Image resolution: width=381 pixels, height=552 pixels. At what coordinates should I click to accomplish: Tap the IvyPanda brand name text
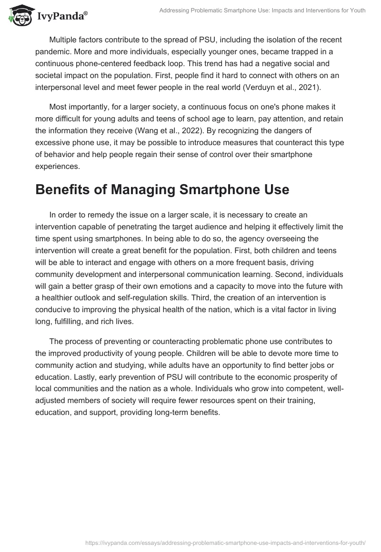(x=62, y=17)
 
